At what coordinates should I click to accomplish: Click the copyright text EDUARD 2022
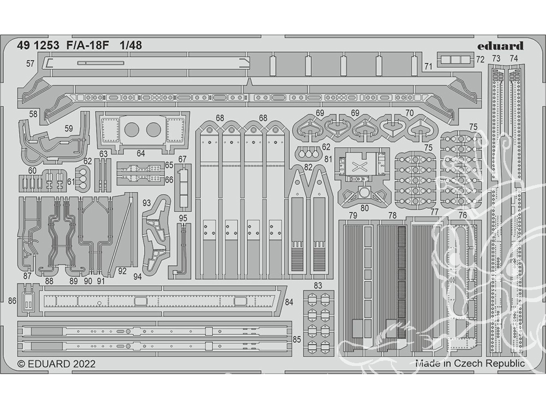point(56,364)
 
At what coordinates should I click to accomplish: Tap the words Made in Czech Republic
point(470,363)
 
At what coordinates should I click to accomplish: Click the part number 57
point(30,64)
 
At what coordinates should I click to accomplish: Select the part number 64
point(141,153)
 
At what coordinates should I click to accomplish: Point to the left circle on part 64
point(132,129)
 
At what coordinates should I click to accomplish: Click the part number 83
point(318,285)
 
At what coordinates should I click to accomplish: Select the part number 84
point(289,302)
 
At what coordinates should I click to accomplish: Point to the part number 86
point(13,300)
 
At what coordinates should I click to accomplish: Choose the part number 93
point(146,203)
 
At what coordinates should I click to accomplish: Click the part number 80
point(364,207)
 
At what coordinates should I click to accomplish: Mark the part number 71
point(429,66)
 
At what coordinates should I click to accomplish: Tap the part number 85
point(297,339)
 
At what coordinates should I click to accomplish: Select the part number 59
point(69,129)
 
